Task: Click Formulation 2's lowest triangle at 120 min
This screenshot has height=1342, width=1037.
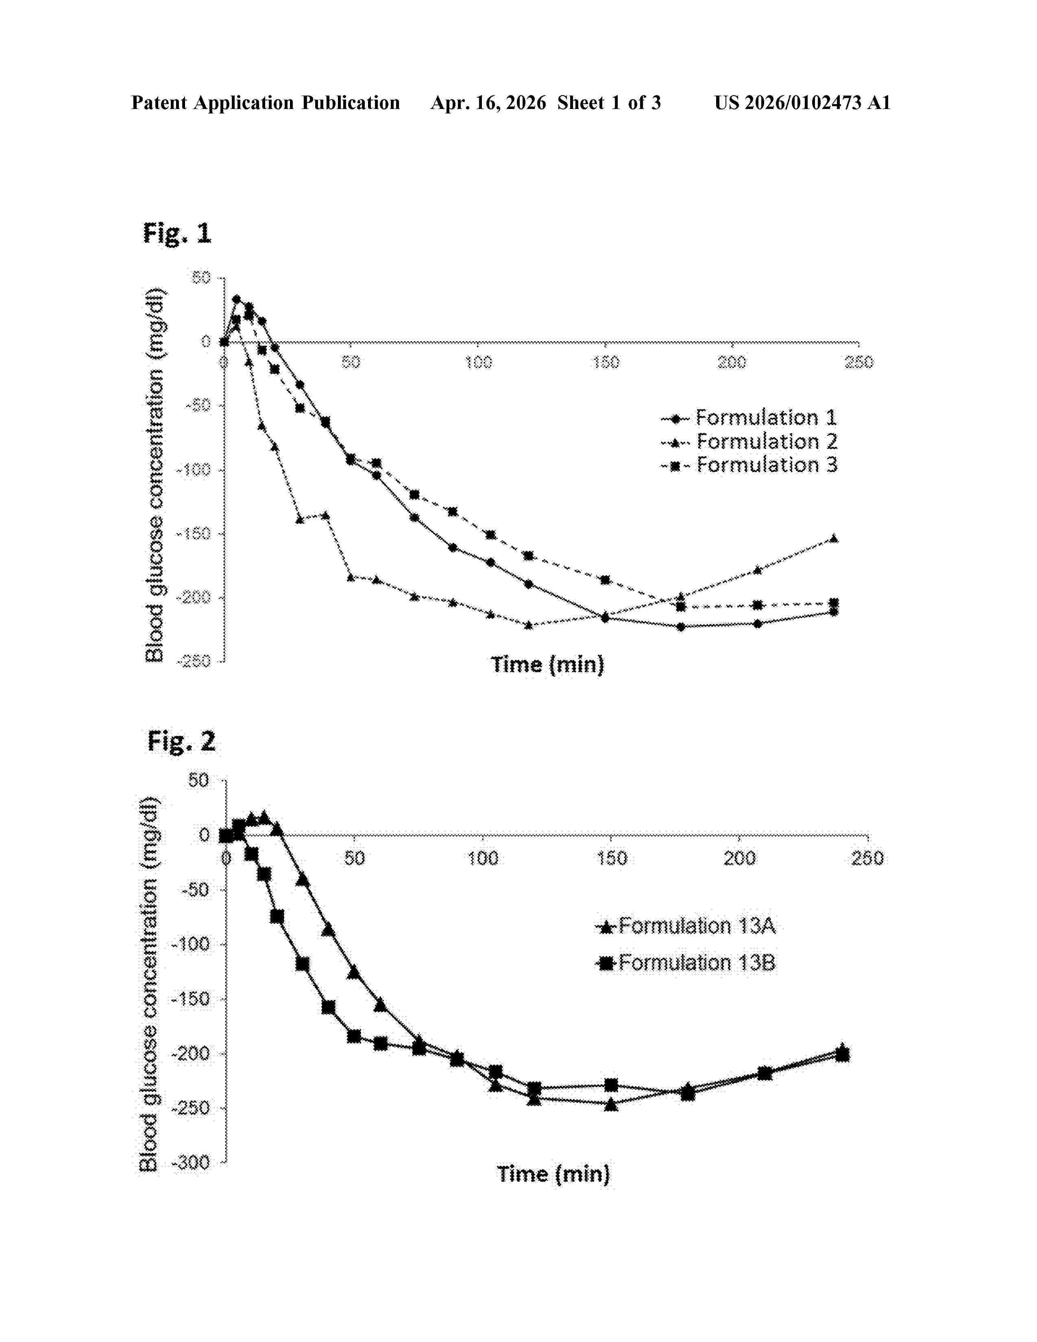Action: click(x=528, y=625)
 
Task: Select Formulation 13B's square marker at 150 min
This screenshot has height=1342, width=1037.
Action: click(x=611, y=1085)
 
